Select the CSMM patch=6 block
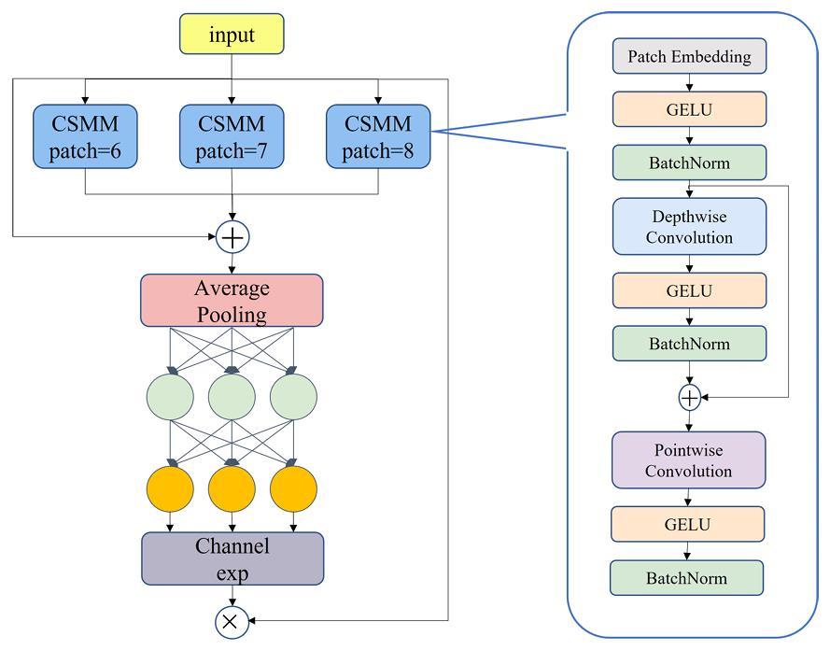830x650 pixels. click(85, 136)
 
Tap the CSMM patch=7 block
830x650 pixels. click(232, 136)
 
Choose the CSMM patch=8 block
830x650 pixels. click(378, 136)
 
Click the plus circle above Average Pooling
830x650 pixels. click(232, 237)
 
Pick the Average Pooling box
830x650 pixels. click(232, 300)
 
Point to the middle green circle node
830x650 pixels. click(232, 397)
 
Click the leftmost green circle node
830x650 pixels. click(170, 397)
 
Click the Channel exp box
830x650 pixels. click(232, 558)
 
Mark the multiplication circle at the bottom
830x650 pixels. click(232, 621)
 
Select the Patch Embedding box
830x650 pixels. click(689, 56)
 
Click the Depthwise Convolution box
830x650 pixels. click(689, 227)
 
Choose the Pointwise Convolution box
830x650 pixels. click(688, 459)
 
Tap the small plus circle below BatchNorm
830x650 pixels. click(689, 398)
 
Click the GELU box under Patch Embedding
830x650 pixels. click(689, 109)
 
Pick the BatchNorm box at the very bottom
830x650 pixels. click(686, 578)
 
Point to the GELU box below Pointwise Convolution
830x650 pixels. click(687, 524)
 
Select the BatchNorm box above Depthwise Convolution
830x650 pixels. click(689, 162)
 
